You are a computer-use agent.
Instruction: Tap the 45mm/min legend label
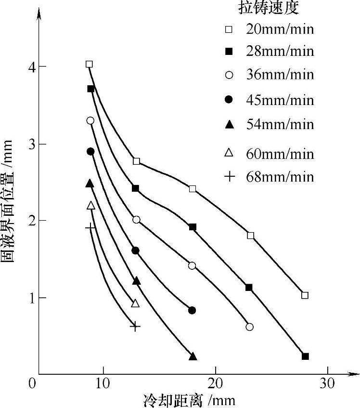click(280, 100)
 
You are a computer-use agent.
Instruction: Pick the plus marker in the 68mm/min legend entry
click(230, 177)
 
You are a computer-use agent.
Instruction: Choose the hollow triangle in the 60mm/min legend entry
click(230, 153)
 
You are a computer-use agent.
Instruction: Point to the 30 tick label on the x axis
click(328, 384)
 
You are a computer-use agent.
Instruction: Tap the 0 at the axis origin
click(32, 384)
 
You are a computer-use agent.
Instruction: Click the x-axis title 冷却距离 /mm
click(189, 400)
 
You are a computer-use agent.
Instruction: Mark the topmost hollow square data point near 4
click(89, 64)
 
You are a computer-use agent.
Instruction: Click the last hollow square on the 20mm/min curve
click(305, 295)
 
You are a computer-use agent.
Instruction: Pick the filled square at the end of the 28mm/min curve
click(305, 356)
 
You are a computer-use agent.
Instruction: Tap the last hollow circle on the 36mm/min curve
click(249, 327)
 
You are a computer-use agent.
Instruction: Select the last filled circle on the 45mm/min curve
click(192, 310)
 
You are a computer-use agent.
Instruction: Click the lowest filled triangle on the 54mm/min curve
click(193, 356)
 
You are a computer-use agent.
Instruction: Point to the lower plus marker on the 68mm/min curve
click(135, 327)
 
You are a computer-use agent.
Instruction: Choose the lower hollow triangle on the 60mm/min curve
click(135, 303)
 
